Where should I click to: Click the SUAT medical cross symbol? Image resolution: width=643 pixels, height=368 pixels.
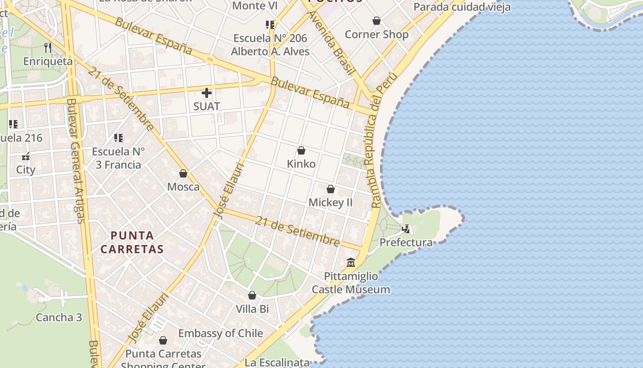tap(207, 93)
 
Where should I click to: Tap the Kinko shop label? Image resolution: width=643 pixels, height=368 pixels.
tap(301, 164)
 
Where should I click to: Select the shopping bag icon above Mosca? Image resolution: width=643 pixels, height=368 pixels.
tap(183, 173)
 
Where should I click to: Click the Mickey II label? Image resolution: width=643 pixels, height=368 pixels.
tap(330, 202)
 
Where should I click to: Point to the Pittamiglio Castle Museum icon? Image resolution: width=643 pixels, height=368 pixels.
tap(351, 263)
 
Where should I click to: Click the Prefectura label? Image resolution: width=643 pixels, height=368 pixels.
tap(406, 242)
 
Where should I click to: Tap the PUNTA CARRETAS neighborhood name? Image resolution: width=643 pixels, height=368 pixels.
tap(132, 242)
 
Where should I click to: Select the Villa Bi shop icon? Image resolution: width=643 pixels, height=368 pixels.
tap(252, 295)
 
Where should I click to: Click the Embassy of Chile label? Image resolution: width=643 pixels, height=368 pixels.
tap(220, 333)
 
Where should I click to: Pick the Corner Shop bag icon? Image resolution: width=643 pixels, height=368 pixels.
tap(377, 21)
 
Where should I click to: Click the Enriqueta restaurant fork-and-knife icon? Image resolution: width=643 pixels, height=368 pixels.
tap(48, 47)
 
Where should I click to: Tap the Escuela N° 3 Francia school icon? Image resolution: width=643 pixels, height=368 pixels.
tap(118, 138)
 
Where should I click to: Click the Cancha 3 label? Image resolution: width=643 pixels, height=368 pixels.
tap(59, 317)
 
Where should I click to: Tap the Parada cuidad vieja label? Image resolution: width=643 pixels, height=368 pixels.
tap(462, 7)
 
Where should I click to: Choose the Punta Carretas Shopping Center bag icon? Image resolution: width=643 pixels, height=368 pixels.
tap(163, 340)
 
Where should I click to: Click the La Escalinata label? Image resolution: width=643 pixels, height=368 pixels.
tap(277, 362)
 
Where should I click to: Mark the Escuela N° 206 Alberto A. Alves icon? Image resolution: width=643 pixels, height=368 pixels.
tap(270, 24)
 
